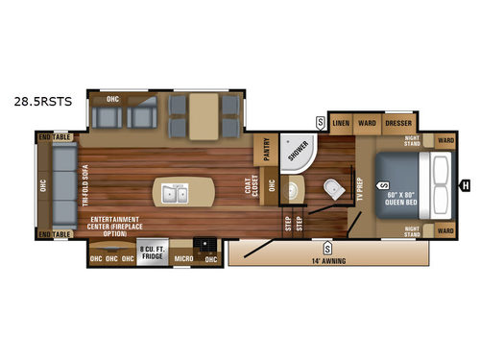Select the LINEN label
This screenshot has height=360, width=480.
(341, 124)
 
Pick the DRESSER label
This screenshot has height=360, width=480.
(398, 124)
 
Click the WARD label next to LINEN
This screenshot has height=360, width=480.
(367, 124)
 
